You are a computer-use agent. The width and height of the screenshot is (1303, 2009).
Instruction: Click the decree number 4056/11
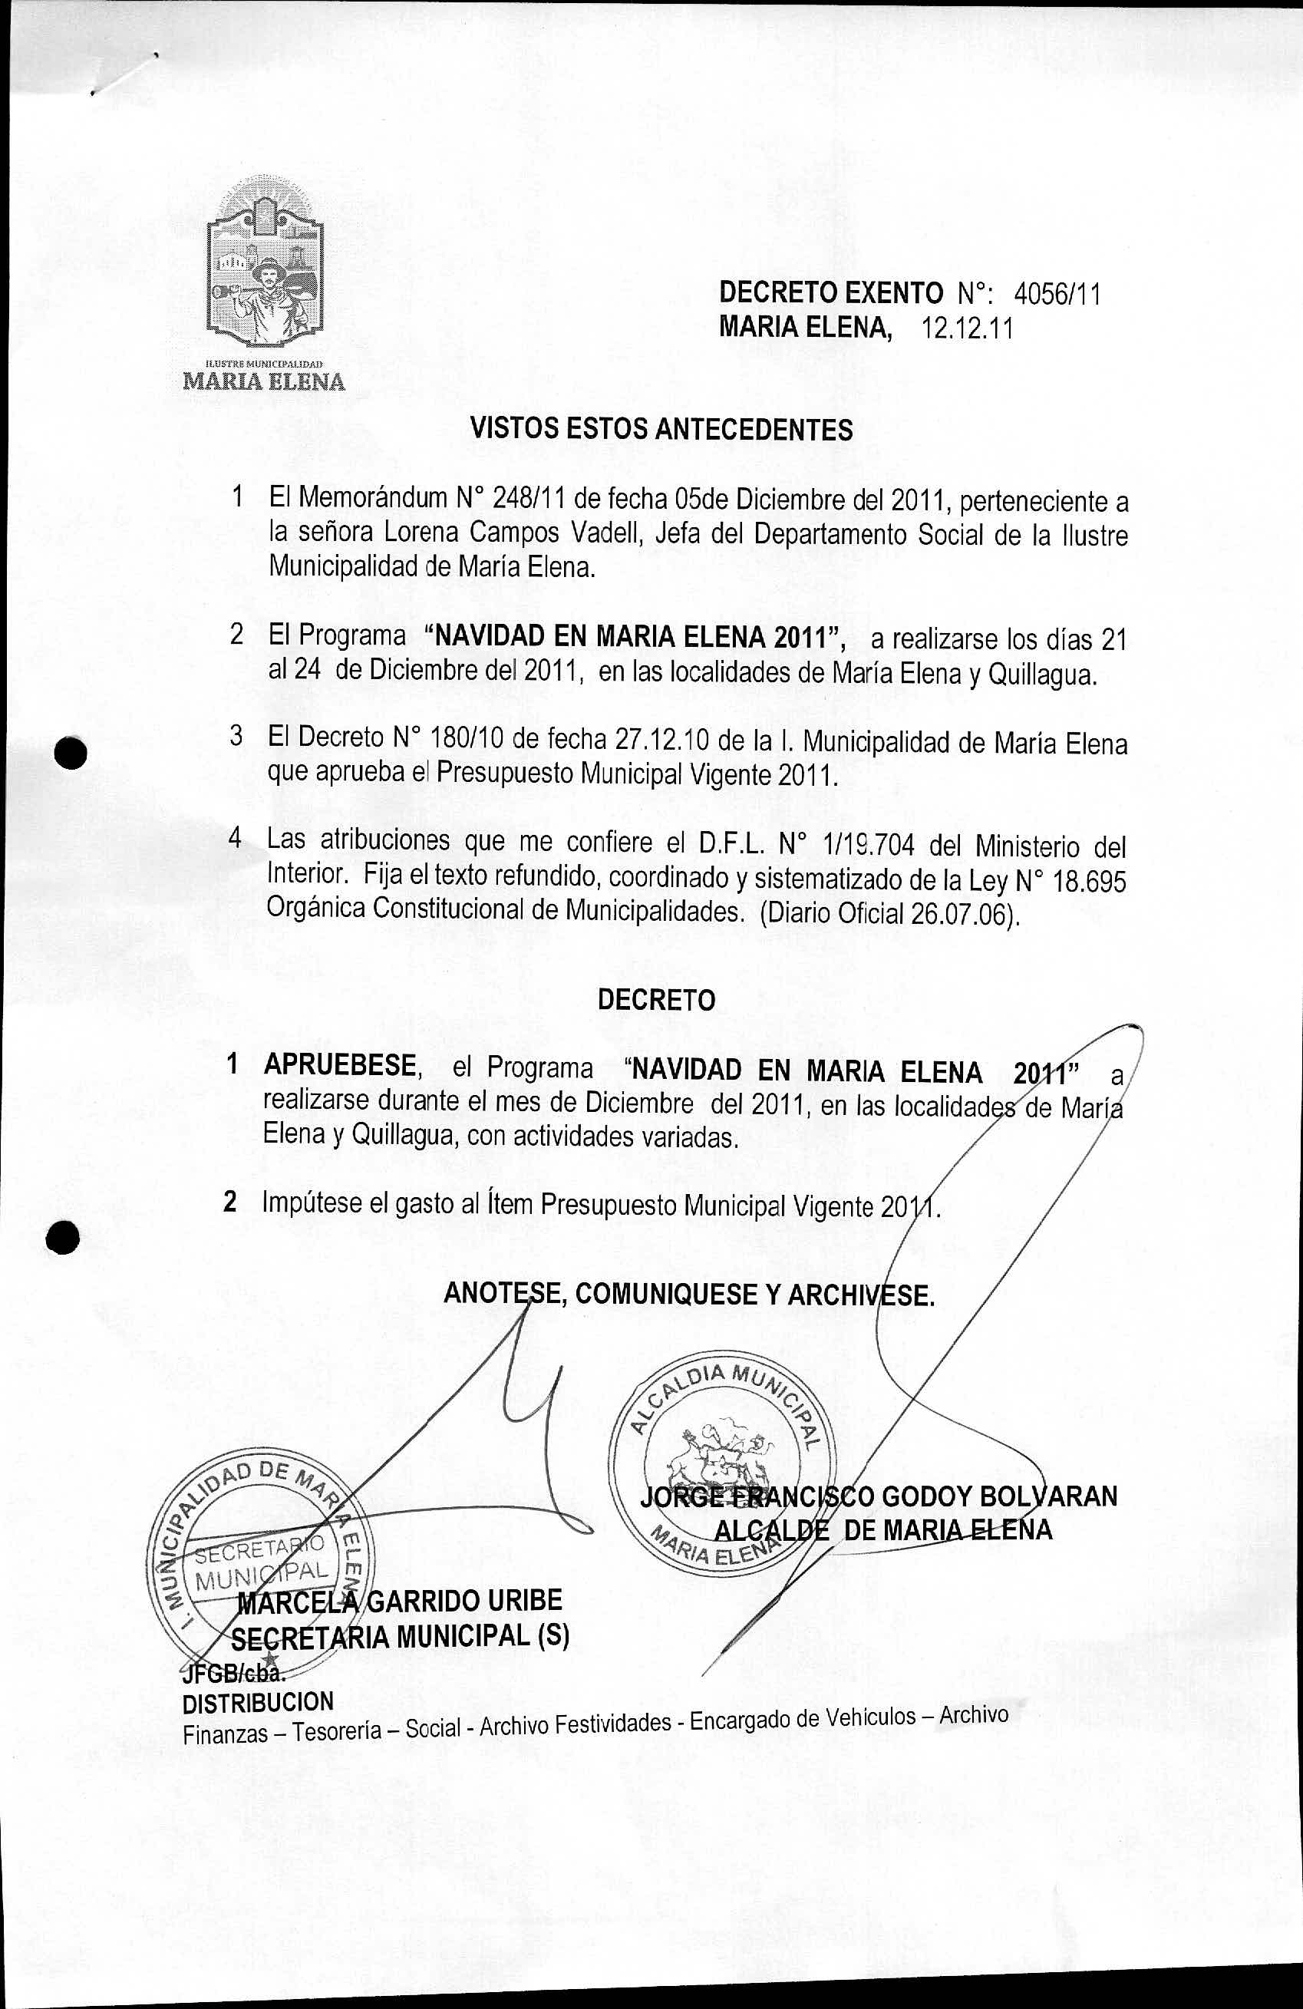click(x=1057, y=294)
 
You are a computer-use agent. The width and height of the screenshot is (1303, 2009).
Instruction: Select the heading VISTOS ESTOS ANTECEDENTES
click(x=661, y=430)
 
